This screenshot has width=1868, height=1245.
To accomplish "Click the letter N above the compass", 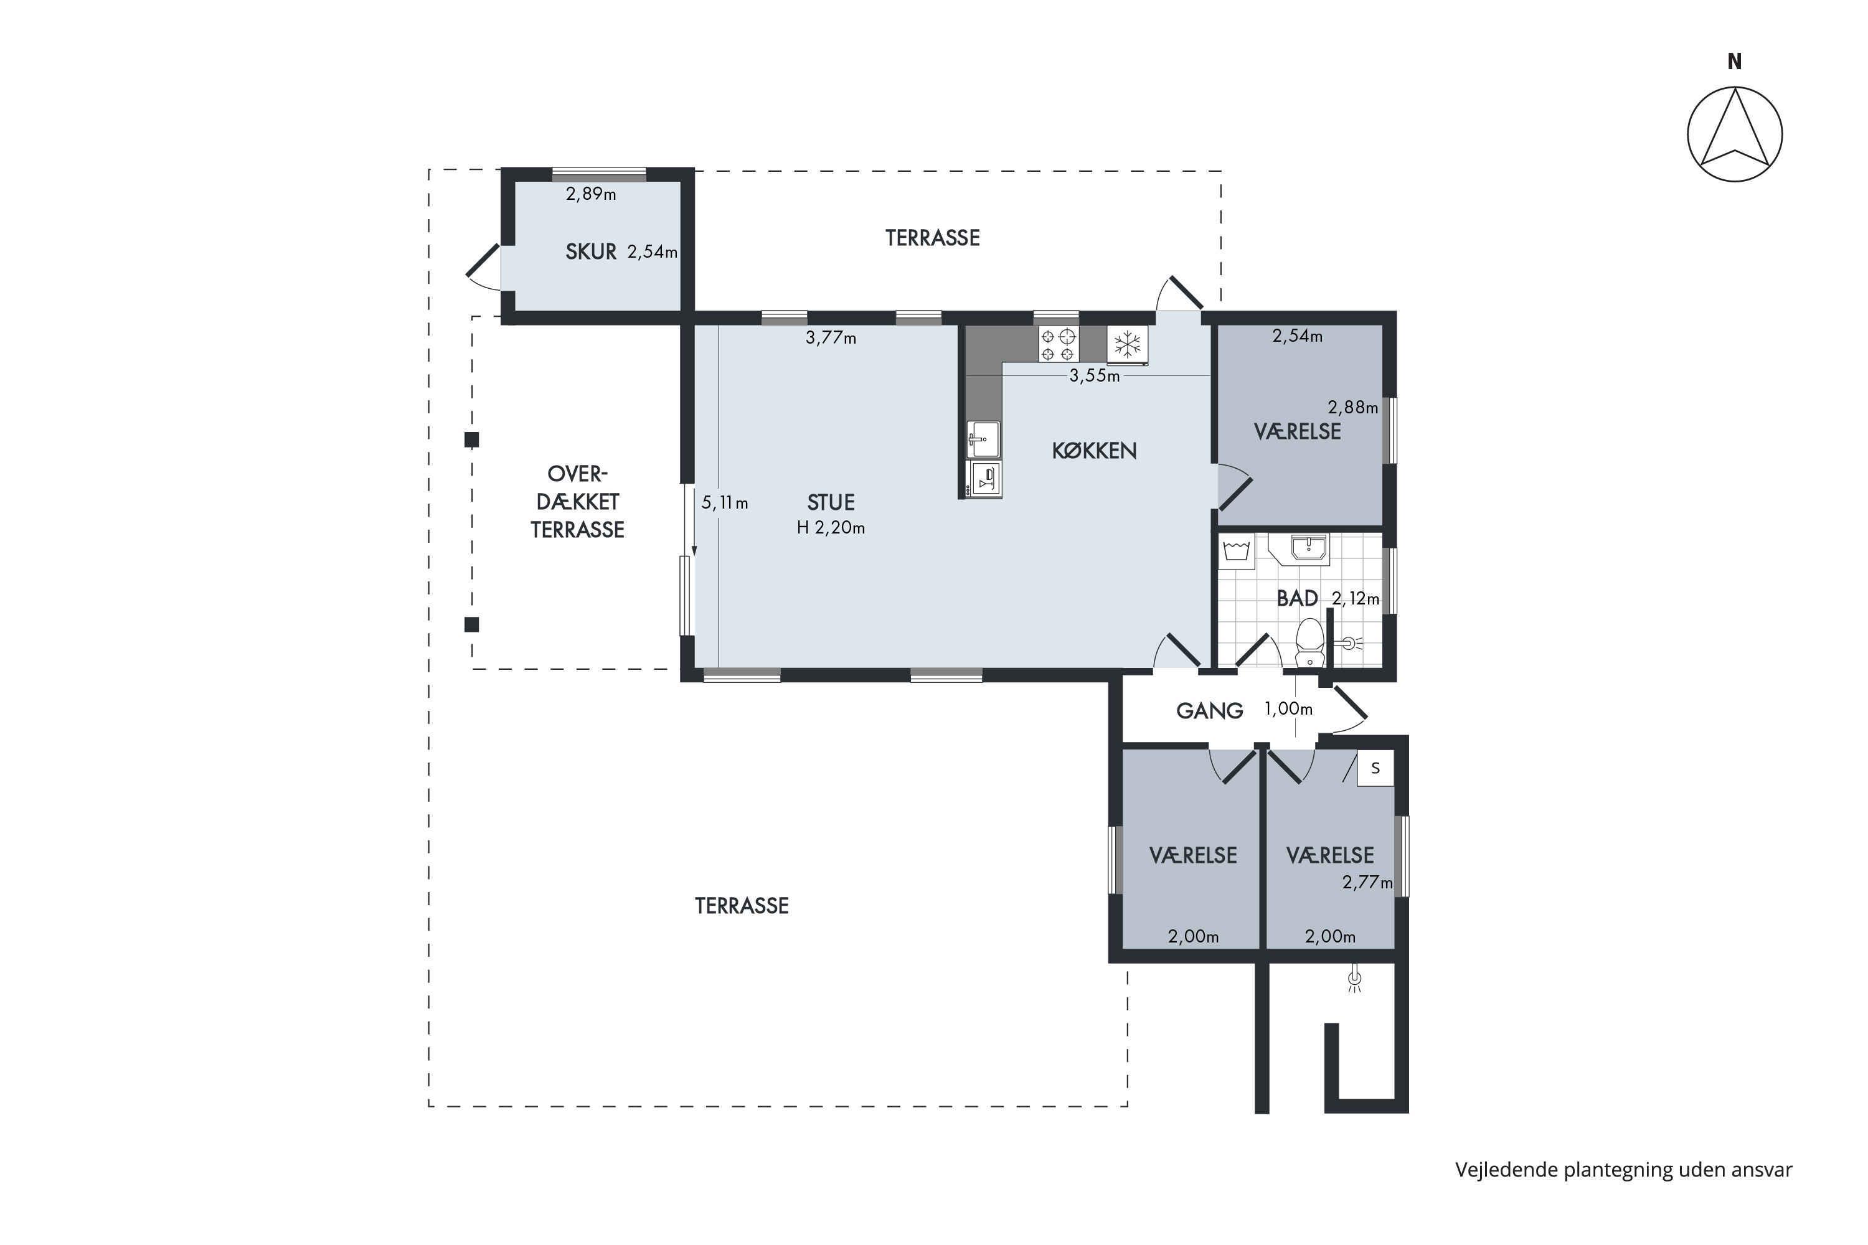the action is coord(1735,61).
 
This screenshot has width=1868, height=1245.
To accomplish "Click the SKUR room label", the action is coord(591,251).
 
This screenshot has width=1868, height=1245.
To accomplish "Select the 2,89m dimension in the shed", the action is coord(591,194).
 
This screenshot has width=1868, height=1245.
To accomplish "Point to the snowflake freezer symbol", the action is coord(1127,345).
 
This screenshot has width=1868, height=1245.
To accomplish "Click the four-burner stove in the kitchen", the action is coord(1058,345).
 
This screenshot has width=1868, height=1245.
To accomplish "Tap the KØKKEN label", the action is coord(1093,451).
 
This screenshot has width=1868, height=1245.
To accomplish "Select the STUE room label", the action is coord(831,502).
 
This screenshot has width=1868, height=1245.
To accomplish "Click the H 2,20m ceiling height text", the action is coord(831,527).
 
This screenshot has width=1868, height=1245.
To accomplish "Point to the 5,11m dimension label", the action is coord(724,502).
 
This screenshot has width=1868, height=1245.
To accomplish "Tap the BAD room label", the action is coord(1297,598).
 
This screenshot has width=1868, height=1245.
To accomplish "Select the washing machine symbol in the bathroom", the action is coord(1237,551).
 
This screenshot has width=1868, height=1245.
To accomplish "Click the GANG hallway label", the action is coord(1210,711).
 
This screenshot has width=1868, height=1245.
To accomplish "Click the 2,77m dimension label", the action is coord(1367,882).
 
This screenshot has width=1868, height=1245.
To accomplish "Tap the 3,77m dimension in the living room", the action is coord(831,337).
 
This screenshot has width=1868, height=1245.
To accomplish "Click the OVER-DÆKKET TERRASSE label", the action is coord(577,502).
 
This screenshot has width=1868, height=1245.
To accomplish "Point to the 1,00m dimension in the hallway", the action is coord(1288,708).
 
